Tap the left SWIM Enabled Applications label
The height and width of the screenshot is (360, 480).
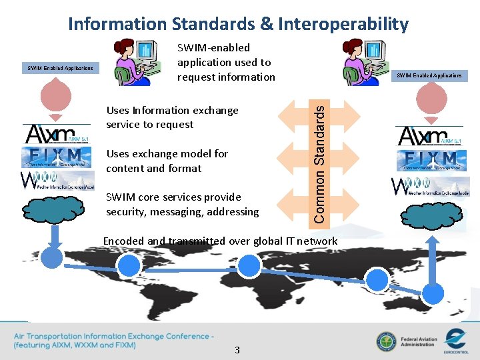[x=60, y=68]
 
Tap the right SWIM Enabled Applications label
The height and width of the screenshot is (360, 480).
[x=429, y=75]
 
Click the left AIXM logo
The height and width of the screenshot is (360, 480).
[x=57, y=133]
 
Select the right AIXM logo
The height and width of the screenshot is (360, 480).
[x=429, y=136]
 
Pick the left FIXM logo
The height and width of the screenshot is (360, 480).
[x=55, y=158]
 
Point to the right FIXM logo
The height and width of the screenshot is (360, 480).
[x=430, y=160]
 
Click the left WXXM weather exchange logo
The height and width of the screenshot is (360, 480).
[x=57, y=180]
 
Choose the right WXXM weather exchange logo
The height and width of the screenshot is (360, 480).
[x=430, y=186]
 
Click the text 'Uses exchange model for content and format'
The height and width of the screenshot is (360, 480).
[x=167, y=161]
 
